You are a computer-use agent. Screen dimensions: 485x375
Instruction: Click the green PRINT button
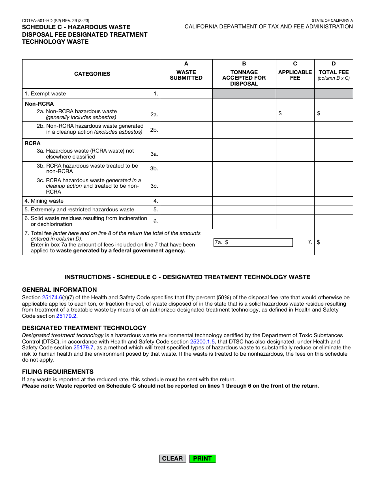pyautogui.click(x=202, y=459)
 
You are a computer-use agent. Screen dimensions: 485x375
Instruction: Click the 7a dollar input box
pyautogui.click(x=253, y=242)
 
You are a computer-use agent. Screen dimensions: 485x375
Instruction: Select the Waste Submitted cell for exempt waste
pyautogui.click(x=186, y=94)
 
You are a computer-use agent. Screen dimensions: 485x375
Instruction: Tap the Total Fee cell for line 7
pyautogui.click(x=334, y=242)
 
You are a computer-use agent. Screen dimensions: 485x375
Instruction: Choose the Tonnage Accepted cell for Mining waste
pyautogui.click(x=244, y=201)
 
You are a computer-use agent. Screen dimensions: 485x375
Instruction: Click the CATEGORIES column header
pyautogui.click(x=92, y=74)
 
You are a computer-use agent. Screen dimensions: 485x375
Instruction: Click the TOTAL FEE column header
pyautogui.click(x=334, y=73)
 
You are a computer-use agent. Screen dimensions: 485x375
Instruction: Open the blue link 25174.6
pyautogui.click(x=52, y=298)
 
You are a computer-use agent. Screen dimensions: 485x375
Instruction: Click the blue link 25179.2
pyautogui.click(x=66, y=316)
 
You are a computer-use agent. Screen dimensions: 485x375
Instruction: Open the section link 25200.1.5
pyautogui.click(x=202, y=342)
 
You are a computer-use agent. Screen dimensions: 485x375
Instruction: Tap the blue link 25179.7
pyautogui.click(x=83, y=348)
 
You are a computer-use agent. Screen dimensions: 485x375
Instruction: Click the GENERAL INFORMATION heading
pyautogui.click(x=59, y=290)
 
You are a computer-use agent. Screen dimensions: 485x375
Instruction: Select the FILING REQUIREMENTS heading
pyautogui.click(x=58, y=372)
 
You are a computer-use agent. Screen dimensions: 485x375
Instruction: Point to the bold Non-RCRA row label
pyautogui.click(x=39, y=104)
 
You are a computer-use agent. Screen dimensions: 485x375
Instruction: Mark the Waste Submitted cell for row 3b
pyautogui.click(x=186, y=169)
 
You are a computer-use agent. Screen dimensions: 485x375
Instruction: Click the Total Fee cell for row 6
pyautogui.click(x=334, y=222)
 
